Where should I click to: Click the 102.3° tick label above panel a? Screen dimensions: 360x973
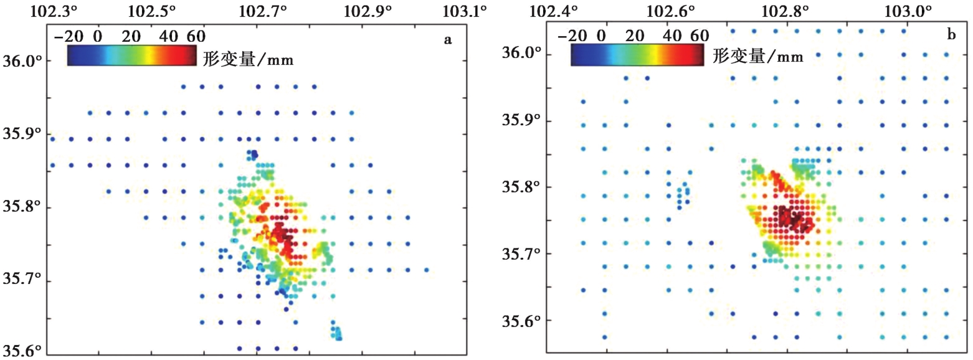tap(55, 11)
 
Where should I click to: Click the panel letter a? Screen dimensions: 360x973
tap(447, 40)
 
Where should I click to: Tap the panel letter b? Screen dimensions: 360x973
tap(951, 35)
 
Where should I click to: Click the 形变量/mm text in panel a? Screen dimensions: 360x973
tap(248, 59)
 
